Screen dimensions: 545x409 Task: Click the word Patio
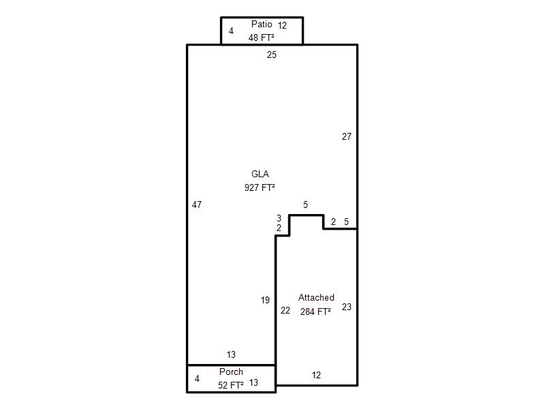(x=262, y=24)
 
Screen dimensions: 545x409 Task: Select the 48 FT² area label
(x=262, y=37)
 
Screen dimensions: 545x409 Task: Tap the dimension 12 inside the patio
(x=282, y=25)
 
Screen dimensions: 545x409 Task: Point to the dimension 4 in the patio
(x=231, y=31)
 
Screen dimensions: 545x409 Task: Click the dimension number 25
(x=272, y=55)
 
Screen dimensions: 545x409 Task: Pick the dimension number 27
(x=347, y=137)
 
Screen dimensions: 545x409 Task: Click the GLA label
(x=260, y=174)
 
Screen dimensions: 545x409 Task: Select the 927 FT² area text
(x=260, y=187)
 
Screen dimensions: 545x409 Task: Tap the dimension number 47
(x=197, y=205)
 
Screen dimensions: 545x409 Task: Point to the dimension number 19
(x=265, y=300)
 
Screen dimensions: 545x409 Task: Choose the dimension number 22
(x=285, y=311)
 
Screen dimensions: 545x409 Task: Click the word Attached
(x=316, y=297)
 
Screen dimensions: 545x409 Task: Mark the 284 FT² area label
(x=315, y=312)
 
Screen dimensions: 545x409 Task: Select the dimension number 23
(x=347, y=307)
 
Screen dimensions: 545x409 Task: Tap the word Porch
(x=231, y=372)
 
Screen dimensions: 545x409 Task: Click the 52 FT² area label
(x=231, y=385)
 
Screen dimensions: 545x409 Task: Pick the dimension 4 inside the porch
(x=197, y=378)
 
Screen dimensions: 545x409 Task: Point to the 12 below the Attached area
(x=316, y=376)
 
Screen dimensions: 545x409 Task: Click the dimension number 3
(x=279, y=218)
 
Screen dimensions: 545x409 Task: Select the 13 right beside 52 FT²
(x=253, y=382)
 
